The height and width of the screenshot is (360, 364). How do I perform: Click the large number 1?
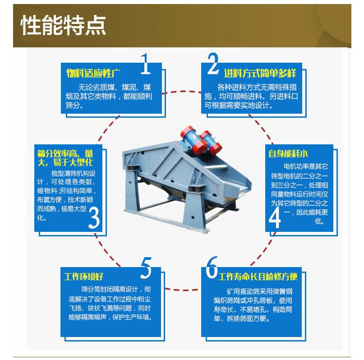click(x=145, y=65)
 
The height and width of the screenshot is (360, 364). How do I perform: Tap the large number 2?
click(x=213, y=65)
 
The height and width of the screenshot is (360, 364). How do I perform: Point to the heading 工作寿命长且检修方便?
click(x=258, y=277)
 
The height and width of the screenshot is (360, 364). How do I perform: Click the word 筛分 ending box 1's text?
click(x=74, y=106)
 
